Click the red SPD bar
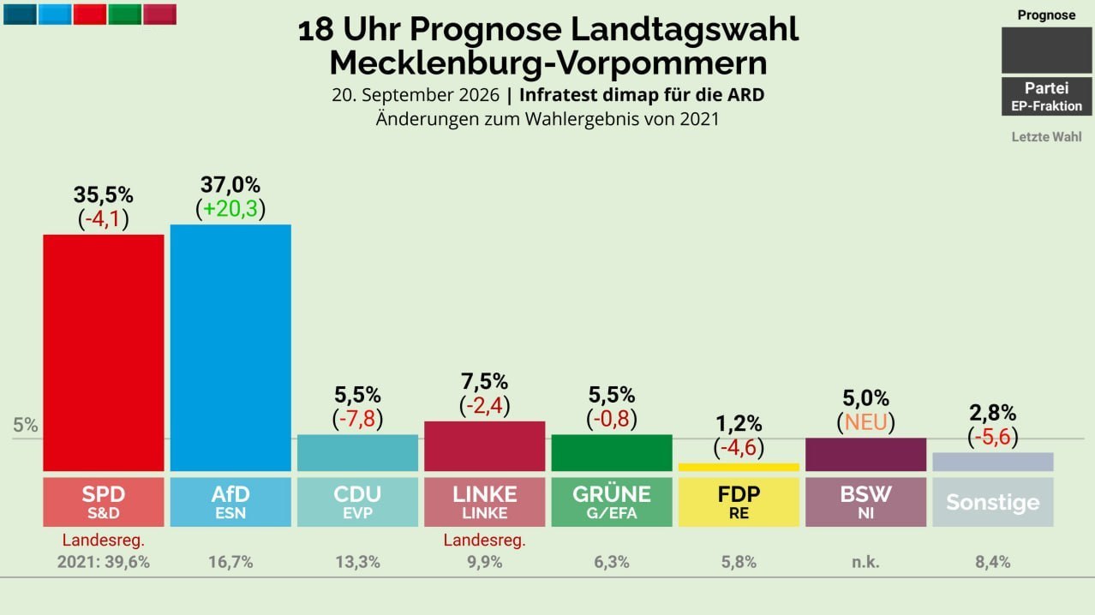[x=103, y=353]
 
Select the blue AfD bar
[x=230, y=348]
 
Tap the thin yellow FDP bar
[x=739, y=468]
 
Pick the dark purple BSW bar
[x=865, y=455]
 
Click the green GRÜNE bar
[x=612, y=453]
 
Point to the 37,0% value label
[x=230, y=185]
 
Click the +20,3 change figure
[x=230, y=209]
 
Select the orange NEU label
[x=865, y=422]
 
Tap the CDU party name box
[x=357, y=502]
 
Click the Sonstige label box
[x=993, y=502]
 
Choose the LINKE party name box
[x=484, y=502]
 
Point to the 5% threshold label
[x=26, y=426]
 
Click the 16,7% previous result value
[x=230, y=562]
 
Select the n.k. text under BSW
[x=865, y=563]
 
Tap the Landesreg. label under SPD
[x=103, y=540]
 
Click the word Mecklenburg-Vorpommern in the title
[x=548, y=63]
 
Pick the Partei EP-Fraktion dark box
[x=1047, y=96]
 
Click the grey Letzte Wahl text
[x=1047, y=137]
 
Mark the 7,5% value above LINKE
[x=484, y=381]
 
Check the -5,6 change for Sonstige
[x=993, y=437]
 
